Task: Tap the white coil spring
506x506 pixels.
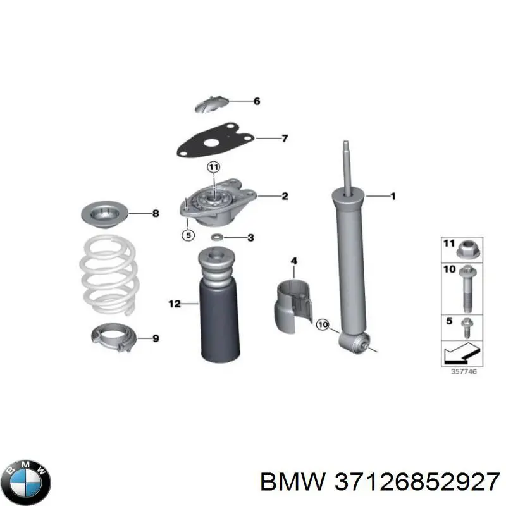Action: pos(109,275)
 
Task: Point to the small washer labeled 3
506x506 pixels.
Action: pos(217,238)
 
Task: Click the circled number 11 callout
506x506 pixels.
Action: pos(214,167)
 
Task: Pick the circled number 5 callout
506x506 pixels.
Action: pos(188,235)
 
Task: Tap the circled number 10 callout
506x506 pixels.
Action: pos(323,324)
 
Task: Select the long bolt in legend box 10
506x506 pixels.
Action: pos(467,288)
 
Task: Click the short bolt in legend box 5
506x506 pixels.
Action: pos(467,328)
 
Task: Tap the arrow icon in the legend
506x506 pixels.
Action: pos(462,353)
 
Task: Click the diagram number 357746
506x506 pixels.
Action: pos(464,371)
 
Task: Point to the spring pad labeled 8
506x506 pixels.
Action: pos(104,214)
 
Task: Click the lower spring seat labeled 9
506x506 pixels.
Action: pos(114,338)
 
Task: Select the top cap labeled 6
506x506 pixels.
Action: pos(212,104)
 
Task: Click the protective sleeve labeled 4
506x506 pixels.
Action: pos(293,306)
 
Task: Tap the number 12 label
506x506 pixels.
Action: pos(175,304)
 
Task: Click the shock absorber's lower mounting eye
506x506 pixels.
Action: pos(354,343)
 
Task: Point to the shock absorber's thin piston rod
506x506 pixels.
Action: pos(347,168)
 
